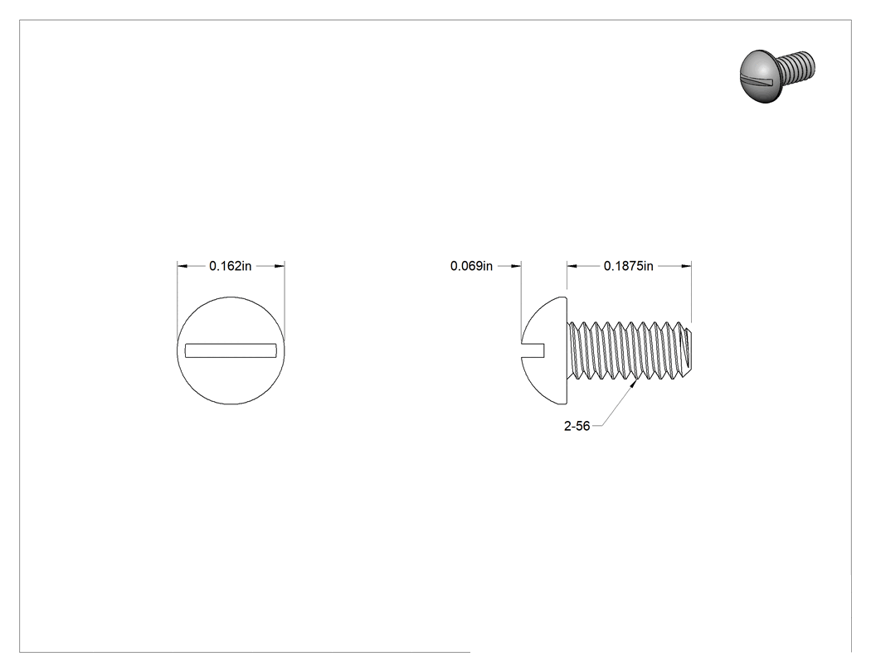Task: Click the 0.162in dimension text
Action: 230,266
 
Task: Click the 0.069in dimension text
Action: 471,266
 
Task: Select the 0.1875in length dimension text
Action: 628,266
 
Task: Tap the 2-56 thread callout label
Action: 577,426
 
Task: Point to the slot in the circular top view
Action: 231,351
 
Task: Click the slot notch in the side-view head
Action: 533,351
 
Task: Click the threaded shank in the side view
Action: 630,351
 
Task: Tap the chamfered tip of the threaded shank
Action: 688,351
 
